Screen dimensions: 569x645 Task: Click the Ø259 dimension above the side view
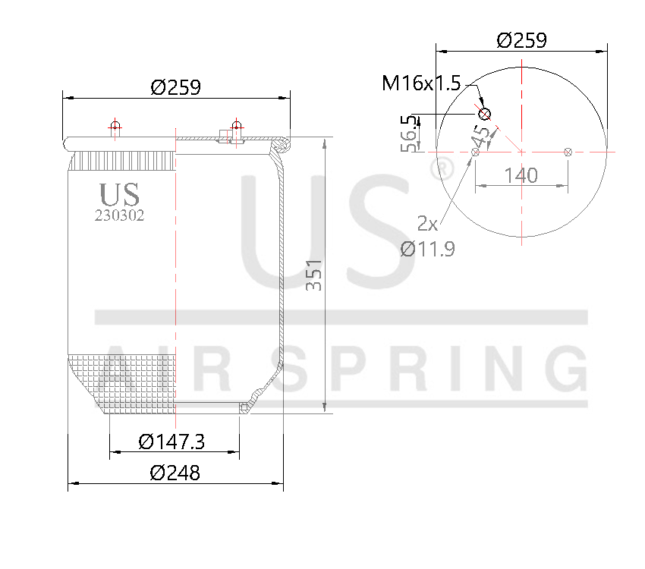tap(175, 87)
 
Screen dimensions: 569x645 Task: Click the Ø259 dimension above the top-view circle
tap(522, 41)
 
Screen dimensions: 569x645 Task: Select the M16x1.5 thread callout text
tap(421, 83)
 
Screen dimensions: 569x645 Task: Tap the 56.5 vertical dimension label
tap(411, 134)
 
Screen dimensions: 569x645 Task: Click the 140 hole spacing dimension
tap(521, 175)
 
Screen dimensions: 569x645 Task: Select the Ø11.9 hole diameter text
tap(428, 248)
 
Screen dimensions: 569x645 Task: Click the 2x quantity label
tap(428, 223)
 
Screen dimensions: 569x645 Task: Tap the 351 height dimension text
tap(313, 275)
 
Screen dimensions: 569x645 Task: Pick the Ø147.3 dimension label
tap(172, 441)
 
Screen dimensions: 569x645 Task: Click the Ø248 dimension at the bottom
tap(175, 473)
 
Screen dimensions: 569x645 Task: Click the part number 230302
tap(119, 215)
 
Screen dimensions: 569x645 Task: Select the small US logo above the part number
tap(119, 194)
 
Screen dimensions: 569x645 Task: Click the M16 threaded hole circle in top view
tap(485, 115)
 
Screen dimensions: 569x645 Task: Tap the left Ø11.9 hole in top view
tap(476, 152)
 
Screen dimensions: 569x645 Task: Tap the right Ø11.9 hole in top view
tap(568, 152)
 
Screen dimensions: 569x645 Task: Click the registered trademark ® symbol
tap(441, 169)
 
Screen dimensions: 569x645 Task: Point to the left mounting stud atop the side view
tap(115, 127)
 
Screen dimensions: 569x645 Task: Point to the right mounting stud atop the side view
tap(237, 127)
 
